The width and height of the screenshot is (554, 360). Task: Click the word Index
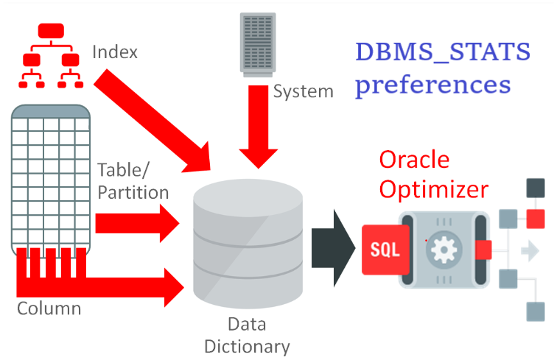tap(115, 52)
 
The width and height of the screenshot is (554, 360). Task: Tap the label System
tap(303, 92)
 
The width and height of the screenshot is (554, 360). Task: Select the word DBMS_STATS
tap(443, 52)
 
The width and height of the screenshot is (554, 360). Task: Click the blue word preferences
tap(433, 85)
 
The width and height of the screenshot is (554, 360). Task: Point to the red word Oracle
tap(414, 160)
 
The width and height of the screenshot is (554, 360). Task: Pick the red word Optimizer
tap(434, 190)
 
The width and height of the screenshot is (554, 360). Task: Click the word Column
tap(49, 308)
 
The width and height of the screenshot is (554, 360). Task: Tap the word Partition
tap(133, 193)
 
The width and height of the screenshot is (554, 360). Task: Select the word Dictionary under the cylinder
tap(247, 347)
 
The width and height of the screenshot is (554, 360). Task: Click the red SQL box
tap(385, 250)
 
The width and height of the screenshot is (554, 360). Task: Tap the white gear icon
tap(443, 250)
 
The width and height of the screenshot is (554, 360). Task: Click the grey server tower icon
tap(258, 45)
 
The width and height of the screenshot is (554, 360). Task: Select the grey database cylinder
tap(248, 244)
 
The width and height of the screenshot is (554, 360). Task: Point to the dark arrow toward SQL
tap(333, 248)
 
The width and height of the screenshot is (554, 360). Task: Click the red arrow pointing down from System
tap(259, 127)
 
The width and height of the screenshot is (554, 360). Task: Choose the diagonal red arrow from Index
tap(152, 121)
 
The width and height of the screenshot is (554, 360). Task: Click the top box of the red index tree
tap(51, 31)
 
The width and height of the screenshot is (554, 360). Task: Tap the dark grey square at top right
tap(536, 188)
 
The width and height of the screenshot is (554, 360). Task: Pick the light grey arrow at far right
tap(530, 251)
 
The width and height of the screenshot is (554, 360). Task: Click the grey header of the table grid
tap(51, 111)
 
